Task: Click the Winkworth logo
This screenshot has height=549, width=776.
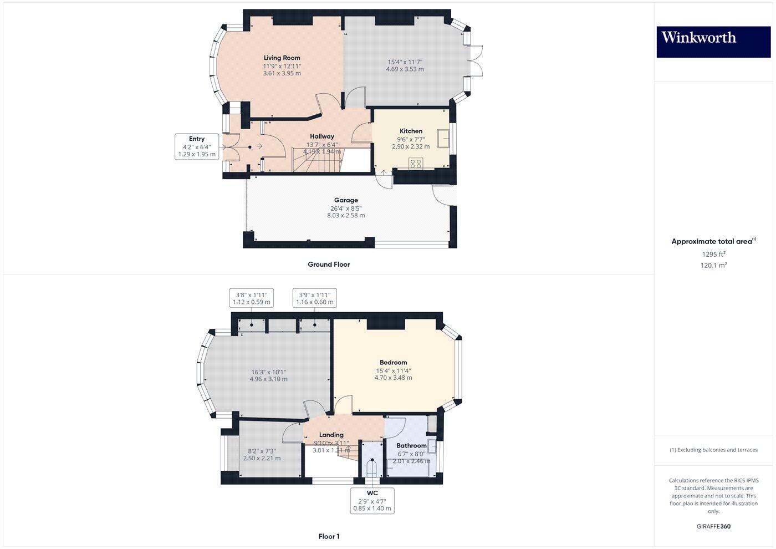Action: pyautogui.click(x=713, y=42)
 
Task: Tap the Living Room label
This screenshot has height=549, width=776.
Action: pyautogui.click(x=282, y=58)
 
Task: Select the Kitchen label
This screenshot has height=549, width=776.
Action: pyautogui.click(x=411, y=131)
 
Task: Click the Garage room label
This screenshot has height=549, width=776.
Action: pyautogui.click(x=346, y=200)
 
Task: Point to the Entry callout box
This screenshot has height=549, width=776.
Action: pyautogui.click(x=197, y=147)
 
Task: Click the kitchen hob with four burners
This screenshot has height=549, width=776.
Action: pyautogui.click(x=415, y=164)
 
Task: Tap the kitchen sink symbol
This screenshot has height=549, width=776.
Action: pyautogui.click(x=443, y=139)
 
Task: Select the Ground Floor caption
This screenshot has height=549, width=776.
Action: pyautogui.click(x=329, y=265)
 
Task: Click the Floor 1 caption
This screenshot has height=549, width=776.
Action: pyautogui.click(x=329, y=536)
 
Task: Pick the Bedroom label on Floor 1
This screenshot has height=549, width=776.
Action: pyautogui.click(x=393, y=363)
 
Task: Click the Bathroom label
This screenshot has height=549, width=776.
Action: pyautogui.click(x=411, y=445)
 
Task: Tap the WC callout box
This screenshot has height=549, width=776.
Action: pyautogui.click(x=372, y=500)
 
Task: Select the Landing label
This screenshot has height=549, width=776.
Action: pyautogui.click(x=331, y=435)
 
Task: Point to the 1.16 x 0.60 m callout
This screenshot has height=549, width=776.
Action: pyautogui.click(x=315, y=298)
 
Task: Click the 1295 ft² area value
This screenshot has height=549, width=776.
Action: pyautogui.click(x=713, y=255)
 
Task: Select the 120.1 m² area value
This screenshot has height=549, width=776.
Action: pyautogui.click(x=713, y=266)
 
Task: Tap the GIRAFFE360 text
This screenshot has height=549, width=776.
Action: pyautogui.click(x=713, y=526)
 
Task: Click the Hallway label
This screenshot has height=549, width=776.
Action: pyautogui.click(x=322, y=136)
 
